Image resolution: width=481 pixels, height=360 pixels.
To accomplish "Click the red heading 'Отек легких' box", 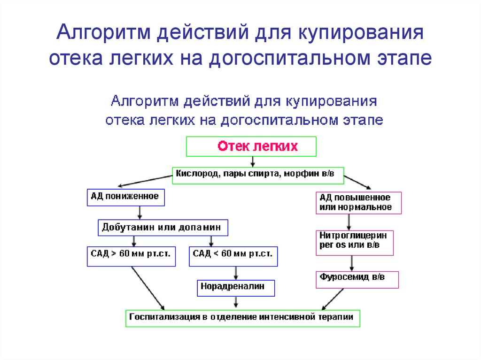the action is click(x=251, y=146).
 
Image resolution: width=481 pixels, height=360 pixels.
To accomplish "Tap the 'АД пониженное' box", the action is click(x=126, y=197).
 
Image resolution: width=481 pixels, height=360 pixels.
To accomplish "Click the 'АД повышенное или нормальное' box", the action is click(x=358, y=203).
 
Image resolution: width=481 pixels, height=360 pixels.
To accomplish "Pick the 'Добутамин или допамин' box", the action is click(x=163, y=228).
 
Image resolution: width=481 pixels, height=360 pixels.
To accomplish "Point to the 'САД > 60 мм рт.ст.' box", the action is click(x=132, y=256).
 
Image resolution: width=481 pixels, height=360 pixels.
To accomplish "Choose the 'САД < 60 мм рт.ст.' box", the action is click(x=233, y=256).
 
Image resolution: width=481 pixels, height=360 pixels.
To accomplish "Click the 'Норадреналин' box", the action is click(x=236, y=288).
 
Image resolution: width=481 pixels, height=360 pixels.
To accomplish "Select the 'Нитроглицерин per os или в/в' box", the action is click(x=355, y=243).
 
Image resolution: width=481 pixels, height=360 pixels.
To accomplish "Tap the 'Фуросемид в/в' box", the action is click(x=357, y=280).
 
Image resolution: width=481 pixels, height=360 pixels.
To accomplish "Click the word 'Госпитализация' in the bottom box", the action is click(x=164, y=317).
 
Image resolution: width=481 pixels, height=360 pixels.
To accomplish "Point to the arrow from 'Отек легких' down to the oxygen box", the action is click(x=252, y=162).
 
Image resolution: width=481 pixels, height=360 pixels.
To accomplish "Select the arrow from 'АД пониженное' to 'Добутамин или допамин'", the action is click(x=140, y=213).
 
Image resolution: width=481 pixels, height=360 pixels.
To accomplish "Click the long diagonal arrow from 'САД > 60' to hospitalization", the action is click(x=148, y=288).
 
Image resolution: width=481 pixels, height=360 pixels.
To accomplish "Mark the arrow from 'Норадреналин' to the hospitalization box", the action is click(x=236, y=302).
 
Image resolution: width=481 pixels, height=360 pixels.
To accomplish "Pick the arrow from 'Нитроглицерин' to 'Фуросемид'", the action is click(x=352, y=263).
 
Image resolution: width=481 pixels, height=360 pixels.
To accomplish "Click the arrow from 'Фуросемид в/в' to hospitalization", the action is click(x=332, y=299).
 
